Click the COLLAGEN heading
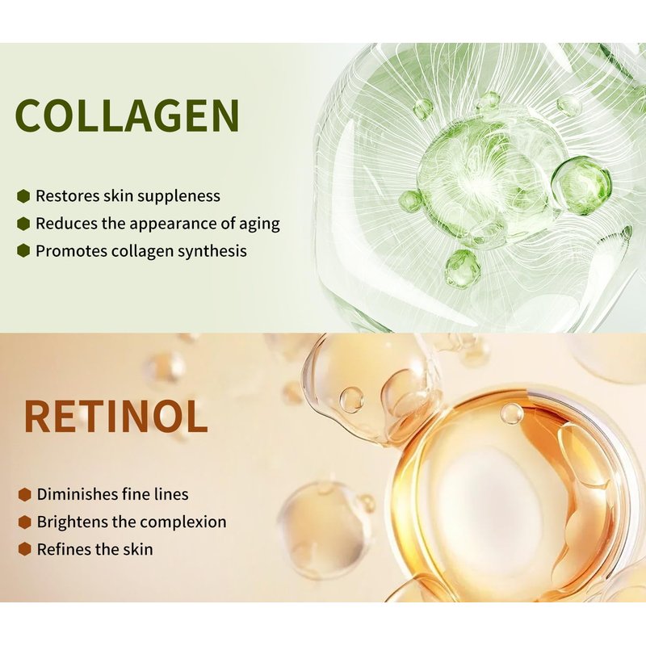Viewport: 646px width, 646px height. click(127, 115)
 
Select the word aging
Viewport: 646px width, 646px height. click(259, 224)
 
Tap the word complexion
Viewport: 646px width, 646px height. click(182, 522)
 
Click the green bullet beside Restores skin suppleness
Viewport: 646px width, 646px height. click(24, 196)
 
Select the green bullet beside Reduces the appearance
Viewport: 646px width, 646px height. click(24, 224)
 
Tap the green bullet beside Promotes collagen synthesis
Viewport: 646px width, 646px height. click(24, 251)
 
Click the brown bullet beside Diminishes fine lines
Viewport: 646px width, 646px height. click(25, 494)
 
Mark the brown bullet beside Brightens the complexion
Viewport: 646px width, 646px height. click(25, 522)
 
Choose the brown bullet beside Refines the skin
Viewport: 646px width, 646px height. click(25, 549)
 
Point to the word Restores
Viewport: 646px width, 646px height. click(67, 196)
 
